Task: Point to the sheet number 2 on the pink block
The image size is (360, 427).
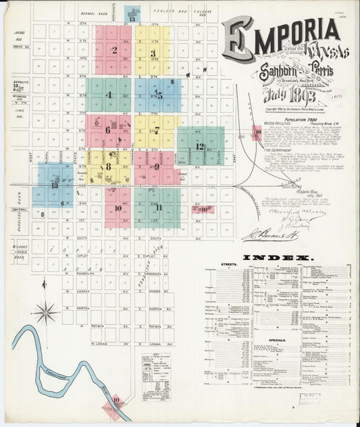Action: click(115, 50)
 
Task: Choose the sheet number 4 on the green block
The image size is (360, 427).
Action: click(108, 95)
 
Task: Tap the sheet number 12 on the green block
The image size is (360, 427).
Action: click(200, 146)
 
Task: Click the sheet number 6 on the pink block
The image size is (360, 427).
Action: click(107, 129)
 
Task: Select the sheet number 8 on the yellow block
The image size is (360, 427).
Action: click(108, 166)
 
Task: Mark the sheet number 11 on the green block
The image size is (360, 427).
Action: click(159, 207)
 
